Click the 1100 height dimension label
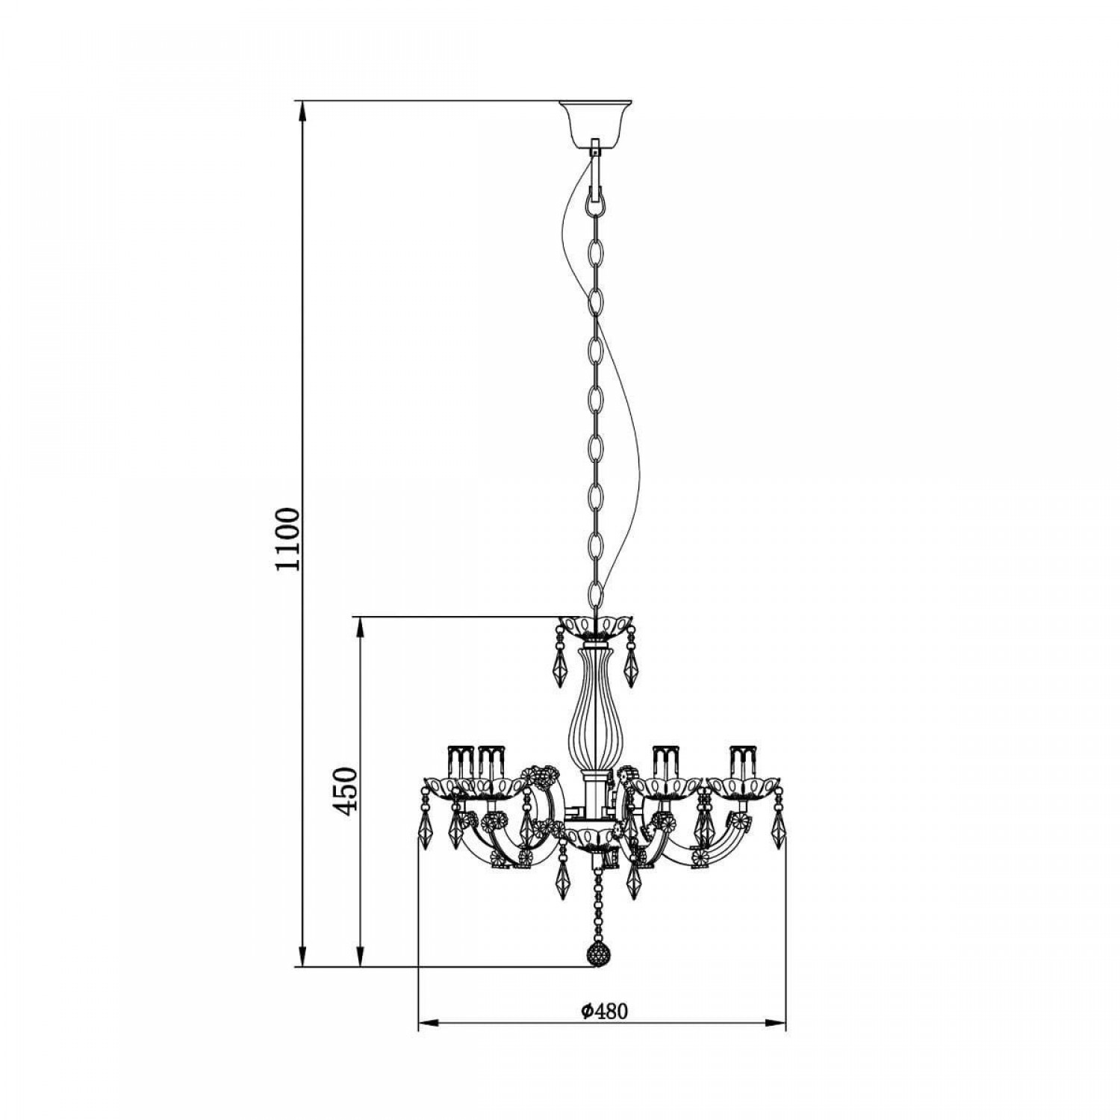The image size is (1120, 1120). tap(287, 539)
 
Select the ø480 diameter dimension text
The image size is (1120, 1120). tap(603, 1011)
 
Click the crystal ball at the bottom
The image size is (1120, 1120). tap(597, 953)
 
